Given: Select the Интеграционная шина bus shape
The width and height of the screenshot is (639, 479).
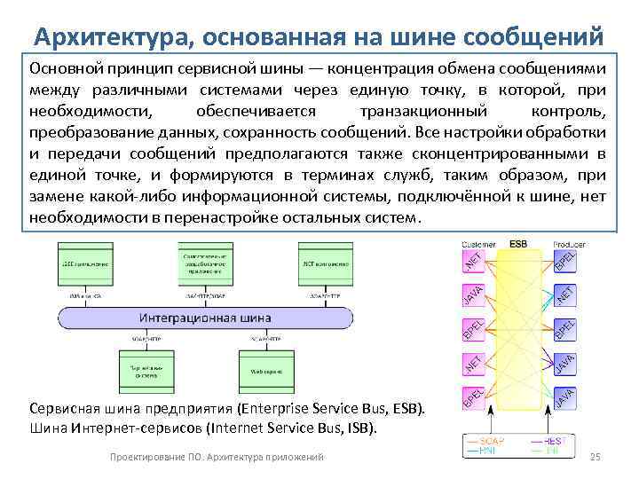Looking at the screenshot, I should pyautogui.click(x=205, y=317).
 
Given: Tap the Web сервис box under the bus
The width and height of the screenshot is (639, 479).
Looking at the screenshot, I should pyautogui.click(x=265, y=370).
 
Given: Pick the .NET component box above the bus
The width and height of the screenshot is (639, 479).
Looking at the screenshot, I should pyautogui.click(x=326, y=263).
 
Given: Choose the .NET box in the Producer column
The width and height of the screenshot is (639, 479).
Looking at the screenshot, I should pyautogui.click(x=565, y=295).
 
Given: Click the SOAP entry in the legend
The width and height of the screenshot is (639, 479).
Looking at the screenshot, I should pyautogui.click(x=487, y=441).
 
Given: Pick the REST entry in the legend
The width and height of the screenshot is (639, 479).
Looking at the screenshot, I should pyautogui.click(x=555, y=441).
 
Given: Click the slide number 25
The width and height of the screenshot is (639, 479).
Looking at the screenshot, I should pyautogui.click(x=596, y=456).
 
